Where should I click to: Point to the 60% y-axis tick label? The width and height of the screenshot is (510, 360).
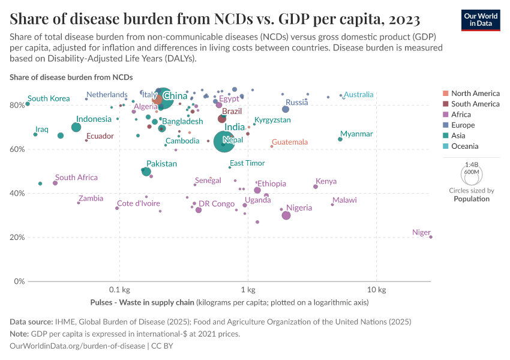(x=17, y=149)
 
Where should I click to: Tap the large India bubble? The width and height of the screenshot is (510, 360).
(x=224, y=142)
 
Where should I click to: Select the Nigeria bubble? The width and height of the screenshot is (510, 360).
(x=286, y=215)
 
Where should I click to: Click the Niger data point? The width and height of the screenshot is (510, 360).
(x=431, y=237)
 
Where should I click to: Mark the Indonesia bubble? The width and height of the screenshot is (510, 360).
(x=76, y=127)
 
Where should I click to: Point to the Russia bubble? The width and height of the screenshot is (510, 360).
(x=286, y=109)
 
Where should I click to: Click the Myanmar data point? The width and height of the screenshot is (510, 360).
(x=340, y=139)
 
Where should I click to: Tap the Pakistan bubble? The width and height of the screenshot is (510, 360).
(x=146, y=172)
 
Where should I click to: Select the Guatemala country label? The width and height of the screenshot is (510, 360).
(x=290, y=142)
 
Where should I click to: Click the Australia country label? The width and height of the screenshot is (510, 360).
(x=358, y=95)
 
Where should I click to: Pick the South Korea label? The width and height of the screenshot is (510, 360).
(x=49, y=98)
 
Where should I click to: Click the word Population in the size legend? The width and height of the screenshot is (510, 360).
(x=472, y=199)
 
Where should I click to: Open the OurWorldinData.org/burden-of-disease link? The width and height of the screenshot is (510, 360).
(x=78, y=346)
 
